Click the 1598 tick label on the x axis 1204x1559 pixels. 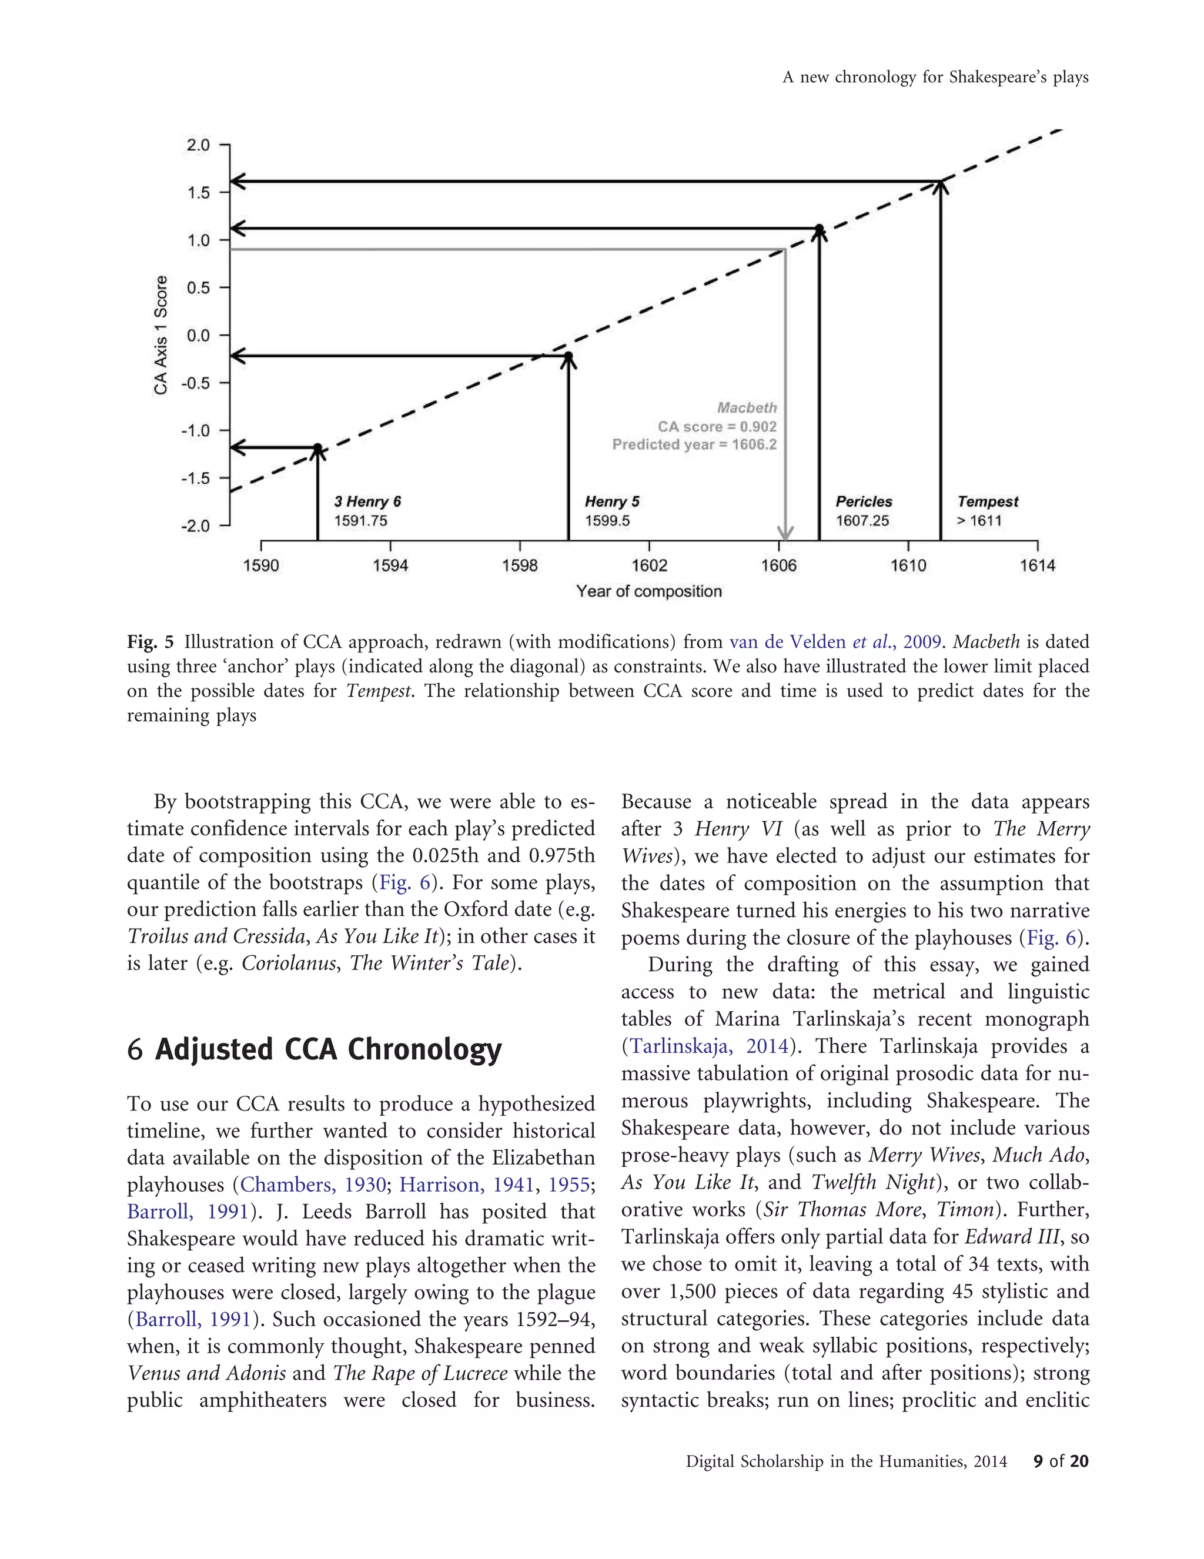(x=519, y=566)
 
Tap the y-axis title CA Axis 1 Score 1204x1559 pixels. (x=161, y=335)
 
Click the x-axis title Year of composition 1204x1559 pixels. (x=649, y=591)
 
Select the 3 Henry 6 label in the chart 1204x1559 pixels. (x=367, y=502)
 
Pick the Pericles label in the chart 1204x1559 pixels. (x=864, y=502)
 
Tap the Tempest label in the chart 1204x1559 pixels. (x=988, y=502)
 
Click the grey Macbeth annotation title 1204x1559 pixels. (x=747, y=407)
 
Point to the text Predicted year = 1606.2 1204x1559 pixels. (x=694, y=444)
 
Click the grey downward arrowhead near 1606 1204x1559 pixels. (x=785, y=533)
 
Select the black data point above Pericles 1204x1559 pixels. (x=820, y=229)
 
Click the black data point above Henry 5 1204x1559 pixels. (x=568, y=356)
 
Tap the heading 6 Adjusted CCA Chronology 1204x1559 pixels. (x=314, y=1050)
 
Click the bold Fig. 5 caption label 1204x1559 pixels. (x=150, y=642)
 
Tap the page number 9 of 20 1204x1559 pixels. (x=1060, y=1461)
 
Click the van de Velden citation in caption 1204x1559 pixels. (x=834, y=642)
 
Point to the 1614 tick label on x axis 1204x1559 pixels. (x=1036, y=566)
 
